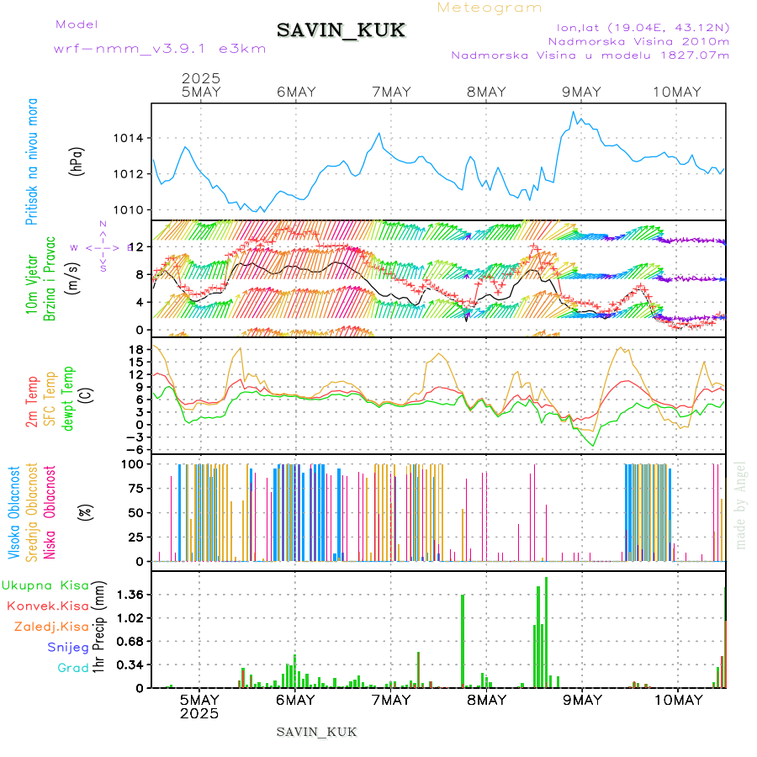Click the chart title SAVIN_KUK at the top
(x=341, y=30)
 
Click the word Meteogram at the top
(x=490, y=8)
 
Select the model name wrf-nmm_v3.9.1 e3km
(x=160, y=48)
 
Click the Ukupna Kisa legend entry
(x=45, y=585)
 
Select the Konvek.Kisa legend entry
(x=47, y=606)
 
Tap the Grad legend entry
(x=72, y=668)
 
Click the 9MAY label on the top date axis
(x=581, y=93)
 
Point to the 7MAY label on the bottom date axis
(x=390, y=700)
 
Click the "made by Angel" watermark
(x=741, y=505)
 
